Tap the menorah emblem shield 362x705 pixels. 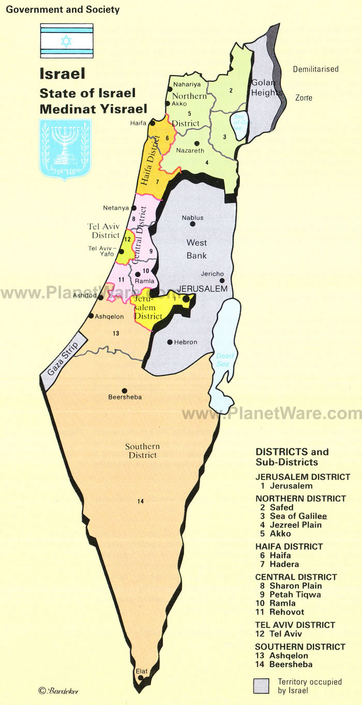coord(65,149)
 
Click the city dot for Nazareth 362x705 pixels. coord(197,143)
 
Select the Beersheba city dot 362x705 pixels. coord(124,391)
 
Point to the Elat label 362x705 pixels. coord(141,671)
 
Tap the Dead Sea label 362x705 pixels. coord(222,359)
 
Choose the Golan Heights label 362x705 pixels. coord(266,88)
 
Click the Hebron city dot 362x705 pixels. coord(170,342)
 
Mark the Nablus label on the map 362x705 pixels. coord(192,218)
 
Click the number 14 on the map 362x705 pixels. coord(141,501)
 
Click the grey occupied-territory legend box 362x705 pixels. coord(261,685)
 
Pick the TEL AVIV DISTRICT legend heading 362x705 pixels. coord(295,625)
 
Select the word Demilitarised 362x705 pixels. coord(315,69)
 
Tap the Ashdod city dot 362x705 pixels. coord(100,298)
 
